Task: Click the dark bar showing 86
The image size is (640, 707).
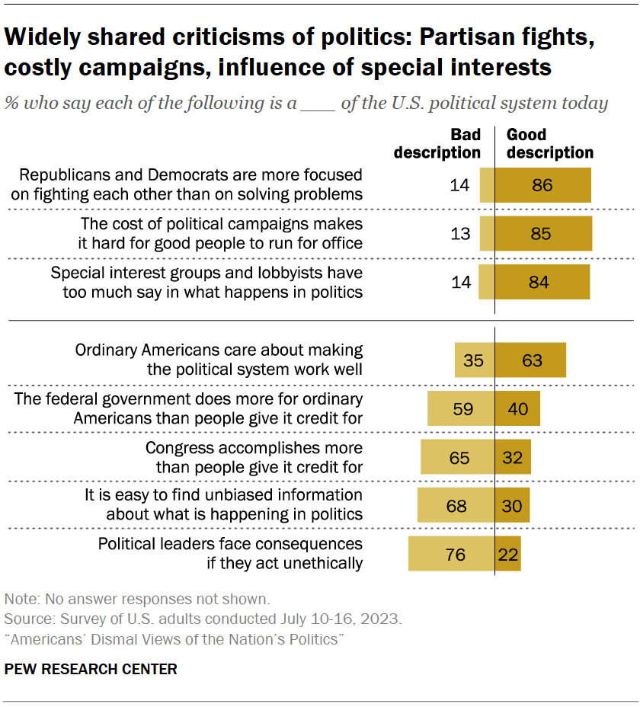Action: click(543, 185)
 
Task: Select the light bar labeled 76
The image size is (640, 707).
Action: click(451, 554)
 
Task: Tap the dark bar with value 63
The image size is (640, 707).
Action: click(530, 360)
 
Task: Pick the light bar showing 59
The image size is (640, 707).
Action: click(461, 408)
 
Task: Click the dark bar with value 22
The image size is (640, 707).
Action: click(508, 554)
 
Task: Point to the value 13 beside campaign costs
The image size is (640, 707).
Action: click(460, 234)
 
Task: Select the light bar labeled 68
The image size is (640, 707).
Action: click(456, 505)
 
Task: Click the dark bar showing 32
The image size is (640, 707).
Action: click(513, 457)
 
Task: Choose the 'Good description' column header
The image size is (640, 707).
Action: click(549, 143)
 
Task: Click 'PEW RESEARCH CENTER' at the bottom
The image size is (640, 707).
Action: click(91, 670)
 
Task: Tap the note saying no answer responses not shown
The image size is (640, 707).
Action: click(137, 600)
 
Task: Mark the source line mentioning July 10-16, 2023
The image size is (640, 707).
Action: click(202, 619)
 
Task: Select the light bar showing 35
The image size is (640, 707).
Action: click(475, 360)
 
